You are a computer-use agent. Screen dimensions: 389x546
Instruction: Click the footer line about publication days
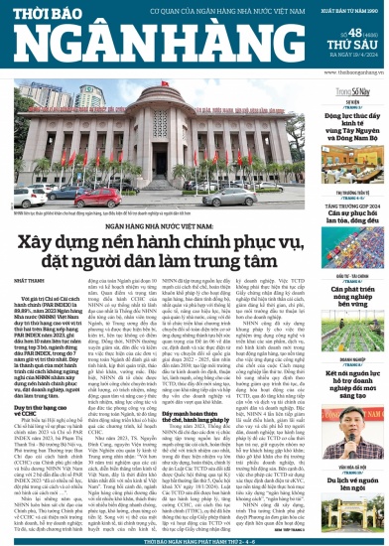point(194,540)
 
